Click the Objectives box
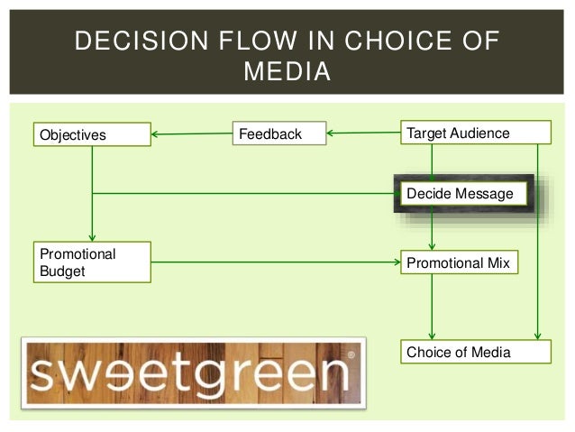[x=91, y=135]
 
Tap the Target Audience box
[x=474, y=133]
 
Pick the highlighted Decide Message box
[x=460, y=194]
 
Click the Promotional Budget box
[x=91, y=262]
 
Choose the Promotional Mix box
[x=459, y=263]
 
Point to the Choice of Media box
[x=474, y=352]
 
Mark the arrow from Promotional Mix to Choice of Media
[x=433, y=307]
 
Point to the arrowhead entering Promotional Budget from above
[x=92, y=236]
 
